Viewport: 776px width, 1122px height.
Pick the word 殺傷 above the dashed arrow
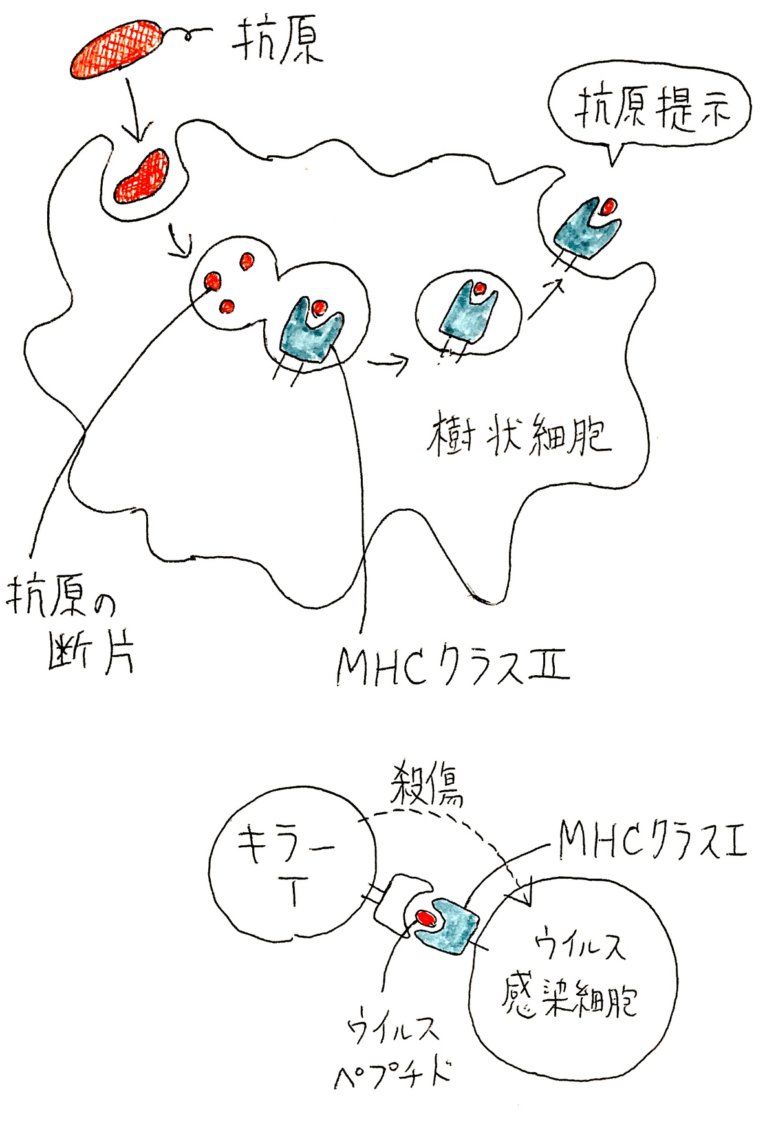[427, 785]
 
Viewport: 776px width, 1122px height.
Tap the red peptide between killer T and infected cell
[426, 916]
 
